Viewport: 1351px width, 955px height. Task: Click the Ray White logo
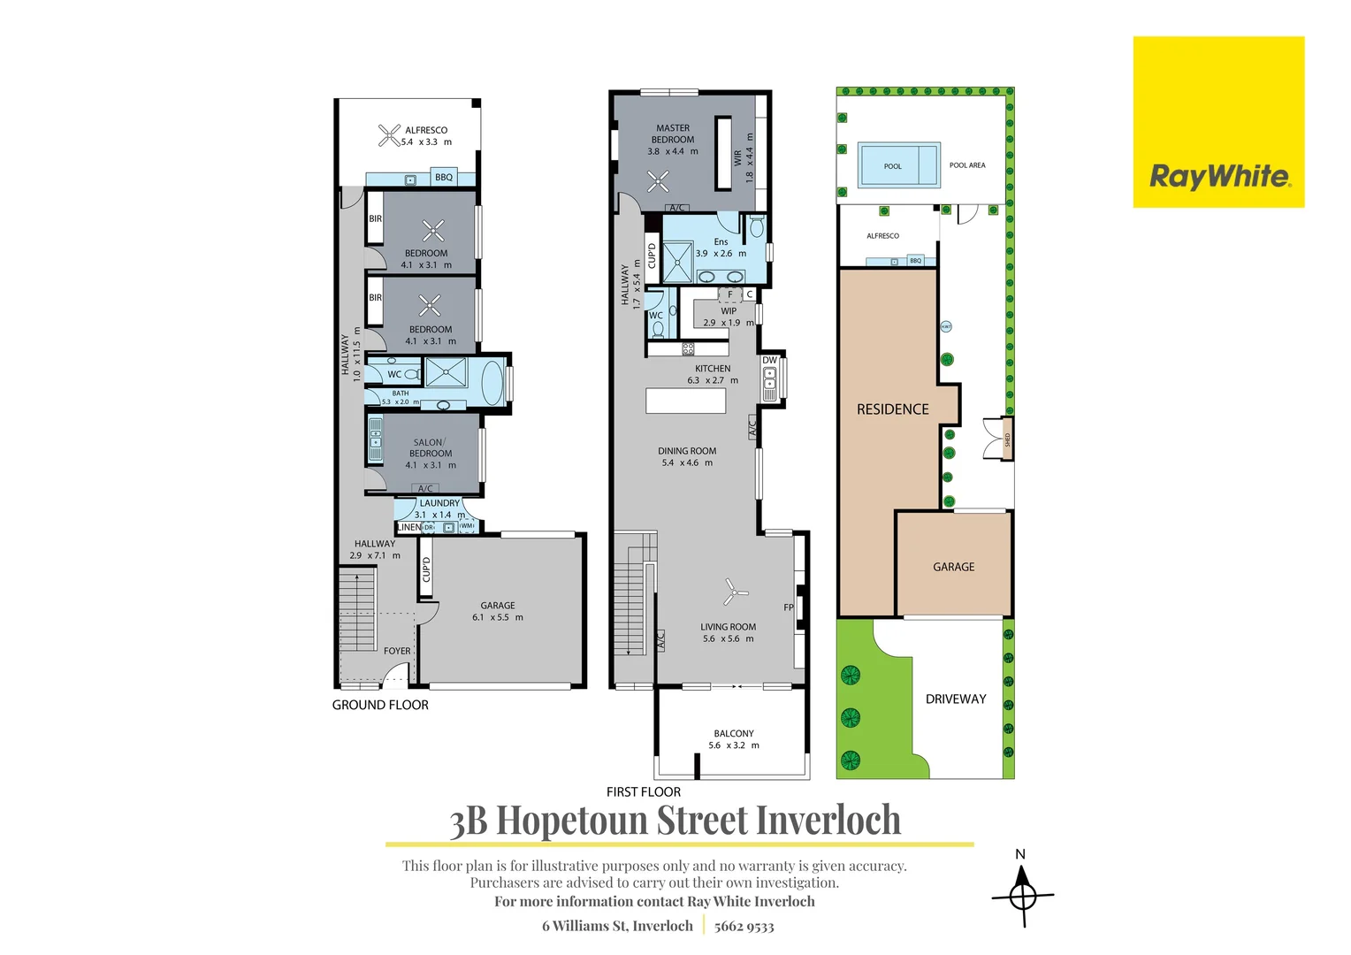click(1218, 122)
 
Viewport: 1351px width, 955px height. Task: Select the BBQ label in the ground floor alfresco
click(444, 178)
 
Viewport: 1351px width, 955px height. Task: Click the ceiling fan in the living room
click(733, 592)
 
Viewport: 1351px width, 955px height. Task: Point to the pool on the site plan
click(898, 164)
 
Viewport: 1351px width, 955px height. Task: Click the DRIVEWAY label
click(955, 699)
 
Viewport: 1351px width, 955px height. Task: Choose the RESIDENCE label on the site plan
click(892, 409)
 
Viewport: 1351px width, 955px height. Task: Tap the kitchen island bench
click(686, 401)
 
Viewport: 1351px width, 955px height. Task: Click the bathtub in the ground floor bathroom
click(492, 381)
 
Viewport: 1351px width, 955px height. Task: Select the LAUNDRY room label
click(439, 503)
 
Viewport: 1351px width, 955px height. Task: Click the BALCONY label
click(734, 733)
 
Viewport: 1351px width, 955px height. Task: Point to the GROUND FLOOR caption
click(380, 705)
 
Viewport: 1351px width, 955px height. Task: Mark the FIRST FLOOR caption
click(643, 792)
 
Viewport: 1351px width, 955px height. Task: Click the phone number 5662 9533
click(744, 926)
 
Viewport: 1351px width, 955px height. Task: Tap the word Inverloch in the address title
click(828, 821)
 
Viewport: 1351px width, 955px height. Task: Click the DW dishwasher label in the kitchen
click(769, 360)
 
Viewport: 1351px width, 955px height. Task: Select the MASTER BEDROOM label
click(673, 134)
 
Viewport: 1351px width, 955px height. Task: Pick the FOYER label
click(397, 651)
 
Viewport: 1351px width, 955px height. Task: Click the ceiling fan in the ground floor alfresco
click(390, 135)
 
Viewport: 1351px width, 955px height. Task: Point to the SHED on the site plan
click(1007, 439)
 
